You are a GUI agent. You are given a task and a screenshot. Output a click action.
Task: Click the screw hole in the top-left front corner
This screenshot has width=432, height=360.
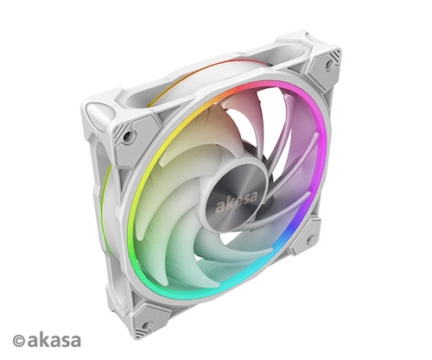126,136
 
